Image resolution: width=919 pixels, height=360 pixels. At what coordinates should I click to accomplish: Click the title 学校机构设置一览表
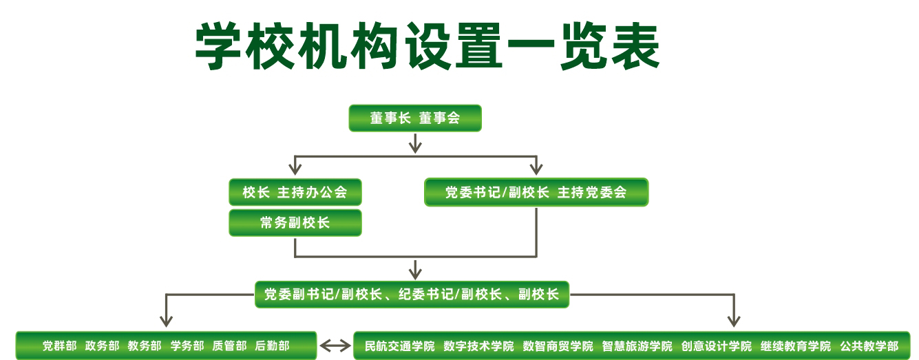[x=427, y=47]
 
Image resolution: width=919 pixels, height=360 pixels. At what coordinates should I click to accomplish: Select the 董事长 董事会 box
[x=414, y=118]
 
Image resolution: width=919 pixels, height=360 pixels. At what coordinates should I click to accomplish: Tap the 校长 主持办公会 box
[x=295, y=192]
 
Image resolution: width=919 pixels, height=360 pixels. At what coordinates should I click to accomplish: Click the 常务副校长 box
[x=295, y=223]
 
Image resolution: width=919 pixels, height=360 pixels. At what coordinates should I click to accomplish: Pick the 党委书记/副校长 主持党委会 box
[x=536, y=192]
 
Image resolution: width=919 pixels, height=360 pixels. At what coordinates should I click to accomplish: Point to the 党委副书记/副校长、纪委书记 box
[x=412, y=295]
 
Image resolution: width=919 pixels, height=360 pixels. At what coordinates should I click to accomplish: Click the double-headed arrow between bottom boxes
[x=335, y=346]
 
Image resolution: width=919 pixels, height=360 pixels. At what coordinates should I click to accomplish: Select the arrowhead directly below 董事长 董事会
[x=414, y=145]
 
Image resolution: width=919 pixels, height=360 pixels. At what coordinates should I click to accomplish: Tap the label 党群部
[x=59, y=346]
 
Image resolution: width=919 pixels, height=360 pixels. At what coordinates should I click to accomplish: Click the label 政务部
[x=102, y=346]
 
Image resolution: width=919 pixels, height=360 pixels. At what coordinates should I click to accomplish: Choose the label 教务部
[x=145, y=346]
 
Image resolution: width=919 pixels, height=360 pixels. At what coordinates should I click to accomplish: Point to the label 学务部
[x=187, y=346]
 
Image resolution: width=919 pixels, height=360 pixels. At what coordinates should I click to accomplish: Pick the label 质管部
[x=229, y=346]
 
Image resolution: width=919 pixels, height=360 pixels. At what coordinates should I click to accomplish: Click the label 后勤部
[x=272, y=346]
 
